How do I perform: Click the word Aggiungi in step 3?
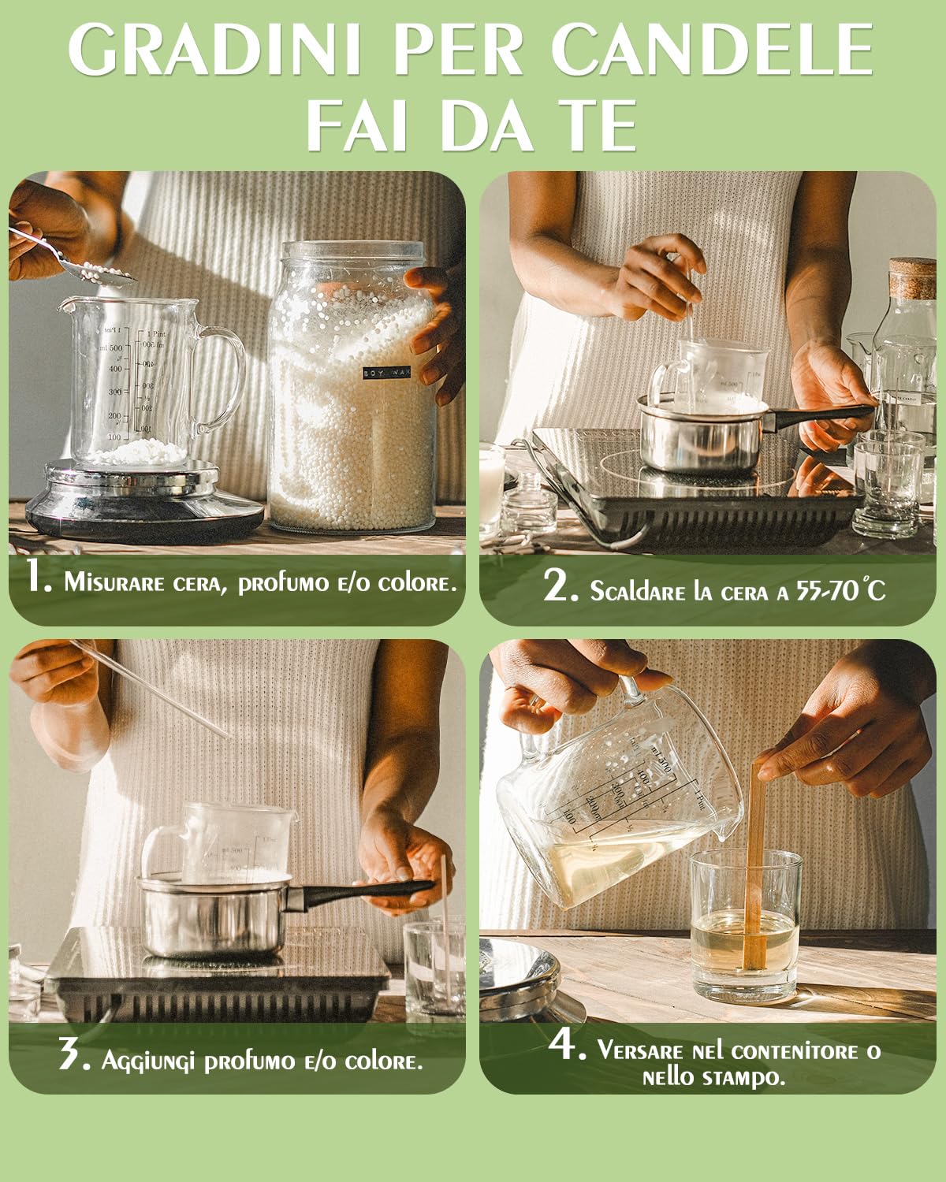point(147,1061)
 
